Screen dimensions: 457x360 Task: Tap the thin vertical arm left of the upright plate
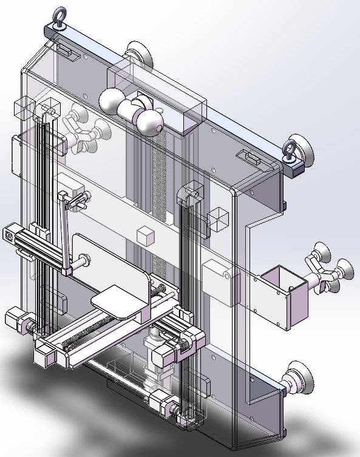[63, 231]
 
